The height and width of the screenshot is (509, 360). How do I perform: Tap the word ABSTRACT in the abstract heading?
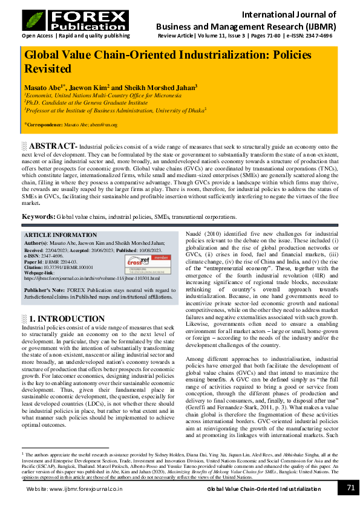52,146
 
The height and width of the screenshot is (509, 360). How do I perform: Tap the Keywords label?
39,216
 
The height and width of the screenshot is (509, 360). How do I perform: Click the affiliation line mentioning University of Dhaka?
115,111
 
